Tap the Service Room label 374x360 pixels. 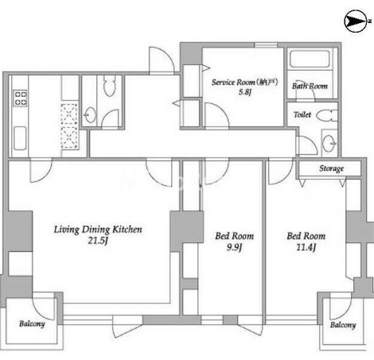(233, 82)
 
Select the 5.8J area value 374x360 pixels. (244, 92)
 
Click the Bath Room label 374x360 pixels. (310, 86)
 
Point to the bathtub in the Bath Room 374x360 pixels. (310, 60)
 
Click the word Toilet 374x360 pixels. (302, 114)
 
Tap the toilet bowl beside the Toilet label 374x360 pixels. (327, 115)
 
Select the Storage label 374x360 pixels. (331, 168)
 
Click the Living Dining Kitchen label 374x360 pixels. (98, 230)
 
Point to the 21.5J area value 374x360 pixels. (98, 241)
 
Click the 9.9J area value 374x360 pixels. (234, 247)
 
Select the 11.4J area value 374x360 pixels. (306, 247)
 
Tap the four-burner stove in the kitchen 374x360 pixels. (21, 98)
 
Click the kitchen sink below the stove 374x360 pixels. (20, 138)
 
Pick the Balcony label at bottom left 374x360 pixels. (32, 323)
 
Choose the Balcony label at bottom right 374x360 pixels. (343, 325)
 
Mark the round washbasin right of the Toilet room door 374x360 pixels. (329, 143)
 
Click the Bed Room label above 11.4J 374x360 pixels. (306, 236)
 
